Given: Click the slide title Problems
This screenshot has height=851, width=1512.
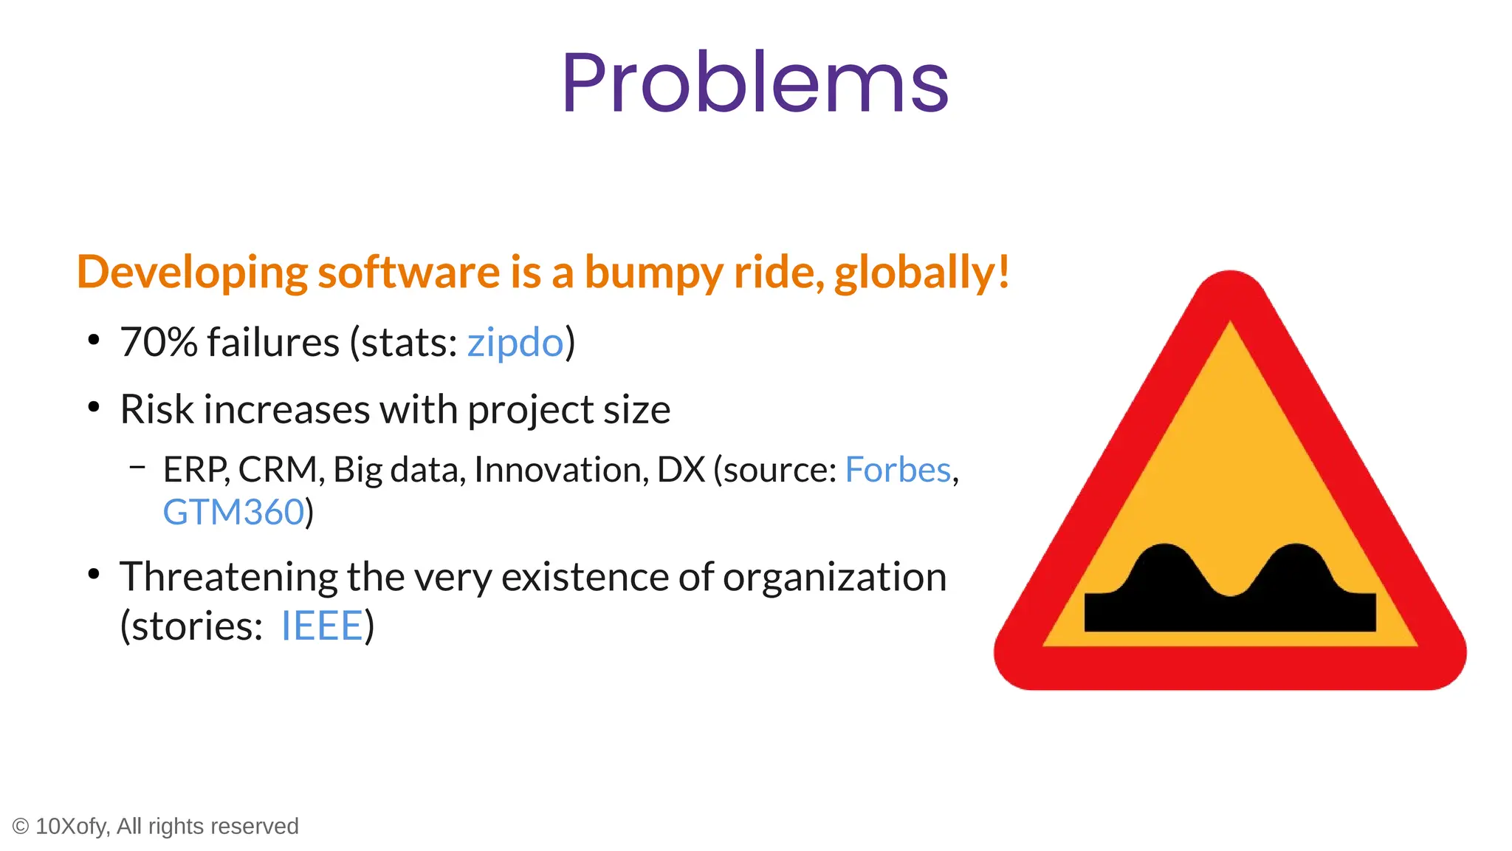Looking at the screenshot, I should click(x=755, y=83).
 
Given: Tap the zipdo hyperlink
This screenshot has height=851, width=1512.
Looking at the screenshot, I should click(x=515, y=343).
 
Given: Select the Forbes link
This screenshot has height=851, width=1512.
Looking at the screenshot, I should click(x=897, y=470).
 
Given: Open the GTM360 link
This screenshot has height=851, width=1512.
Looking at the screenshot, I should click(x=233, y=513).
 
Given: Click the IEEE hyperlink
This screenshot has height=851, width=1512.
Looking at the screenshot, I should click(x=322, y=626).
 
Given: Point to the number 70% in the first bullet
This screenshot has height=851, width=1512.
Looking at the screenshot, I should click(x=159, y=343).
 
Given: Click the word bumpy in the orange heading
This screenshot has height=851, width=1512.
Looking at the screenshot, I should click(x=653, y=273).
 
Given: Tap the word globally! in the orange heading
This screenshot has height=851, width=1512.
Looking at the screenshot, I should click(x=921, y=273).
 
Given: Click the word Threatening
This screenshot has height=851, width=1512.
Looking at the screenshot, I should click(x=229, y=578).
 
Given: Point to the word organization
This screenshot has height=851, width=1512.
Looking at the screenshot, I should click(x=834, y=578).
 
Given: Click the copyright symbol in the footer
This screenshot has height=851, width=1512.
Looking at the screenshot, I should click(x=21, y=827).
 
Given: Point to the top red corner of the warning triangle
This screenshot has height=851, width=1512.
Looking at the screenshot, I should click(x=1231, y=293).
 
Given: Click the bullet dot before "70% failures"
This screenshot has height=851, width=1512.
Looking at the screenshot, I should click(x=93, y=341).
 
